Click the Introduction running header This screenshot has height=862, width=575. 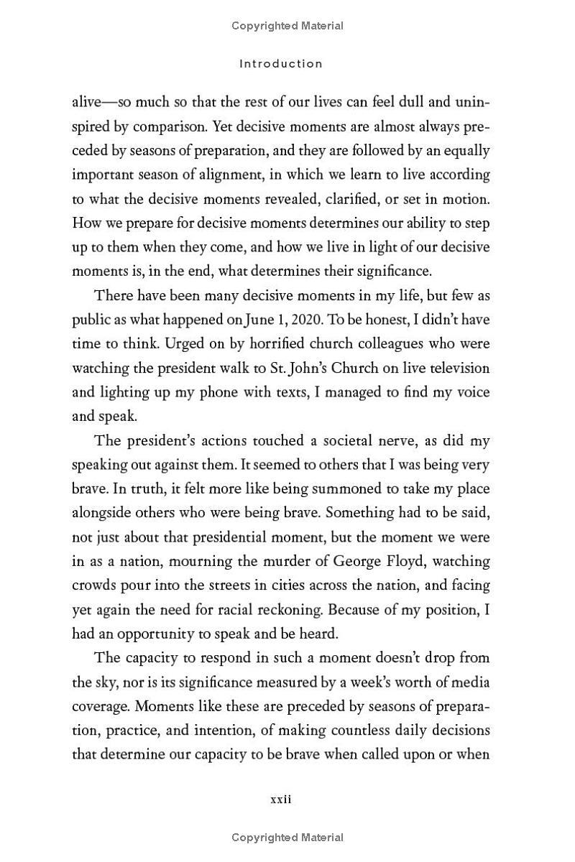pos(281,64)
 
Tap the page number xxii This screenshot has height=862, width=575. pos(280,799)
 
